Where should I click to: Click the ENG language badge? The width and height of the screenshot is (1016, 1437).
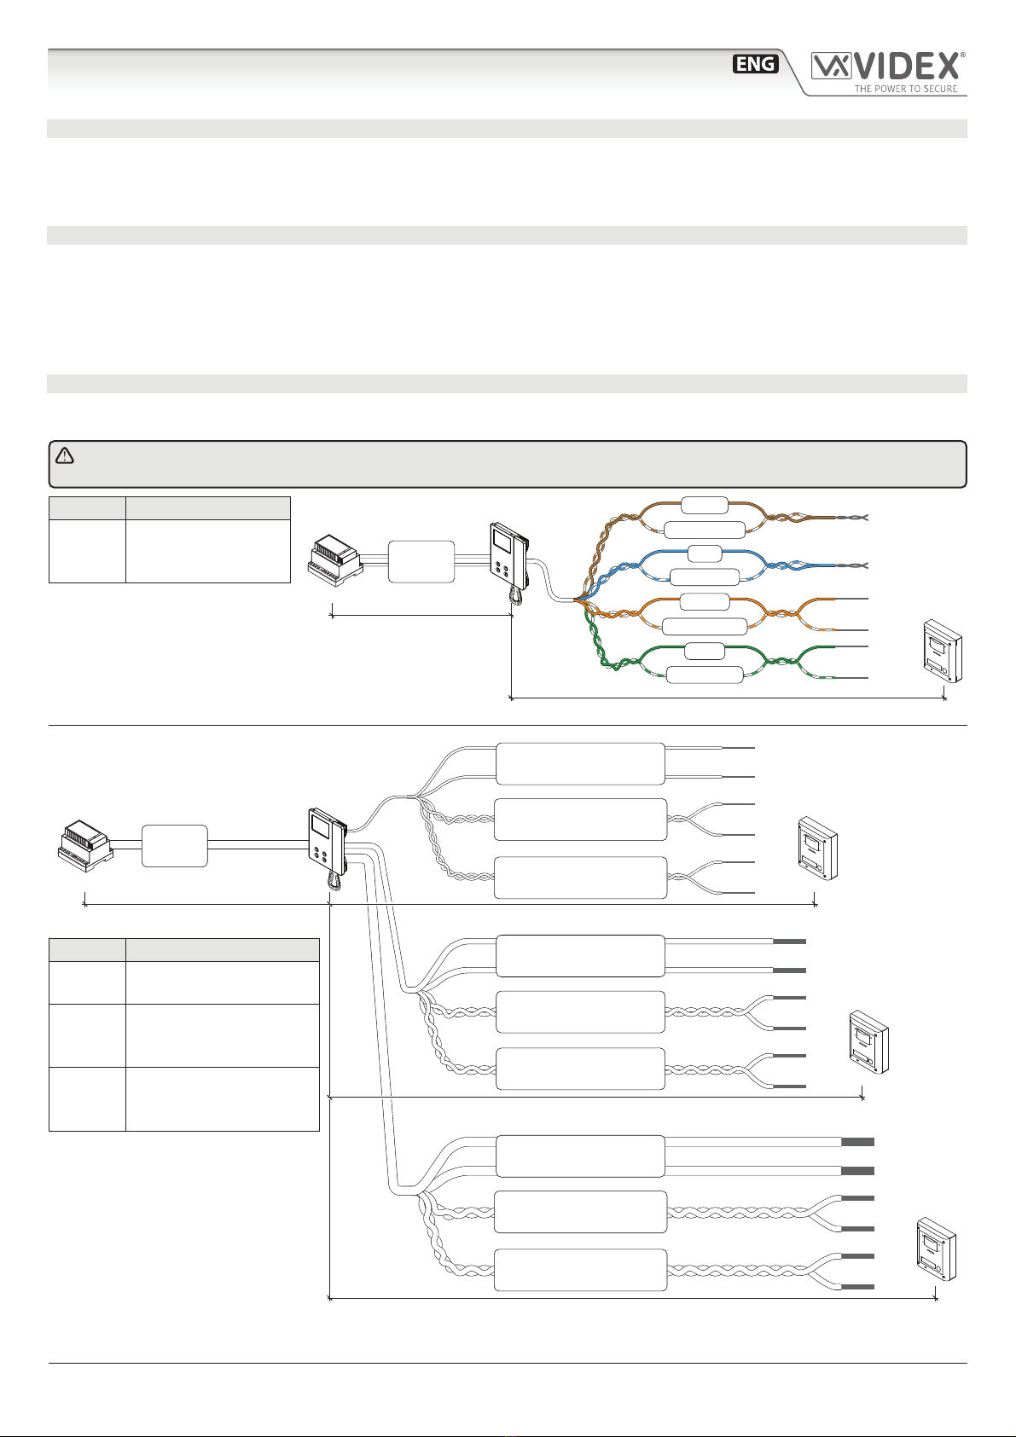click(x=756, y=64)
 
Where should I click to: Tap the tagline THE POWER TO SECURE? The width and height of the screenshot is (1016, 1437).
click(x=906, y=89)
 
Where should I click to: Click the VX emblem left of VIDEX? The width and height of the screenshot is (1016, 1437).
click(x=827, y=67)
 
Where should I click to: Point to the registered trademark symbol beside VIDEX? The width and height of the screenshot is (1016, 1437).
click(x=963, y=55)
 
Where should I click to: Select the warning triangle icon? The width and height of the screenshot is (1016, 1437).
click(x=65, y=455)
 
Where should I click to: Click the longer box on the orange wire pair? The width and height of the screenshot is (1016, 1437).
click(x=705, y=628)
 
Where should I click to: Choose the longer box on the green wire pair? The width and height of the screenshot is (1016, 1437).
click(x=705, y=675)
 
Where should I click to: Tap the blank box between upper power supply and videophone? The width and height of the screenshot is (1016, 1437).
click(x=420, y=560)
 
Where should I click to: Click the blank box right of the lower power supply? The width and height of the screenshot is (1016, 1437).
click(x=174, y=846)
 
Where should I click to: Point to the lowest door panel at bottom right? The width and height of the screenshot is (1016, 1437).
click(x=935, y=1249)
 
